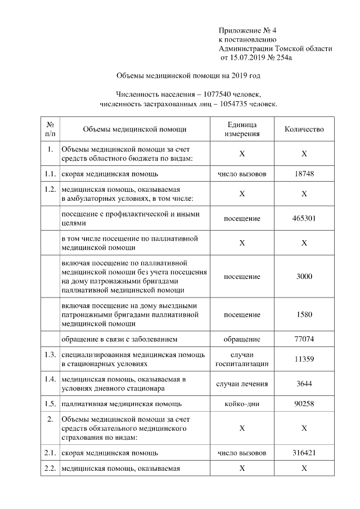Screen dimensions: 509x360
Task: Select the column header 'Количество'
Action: pyautogui.click(x=304, y=129)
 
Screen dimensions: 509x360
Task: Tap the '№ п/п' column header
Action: pyautogui.click(x=50, y=129)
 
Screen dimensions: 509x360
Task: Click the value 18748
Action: pyautogui.click(x=304, y=174)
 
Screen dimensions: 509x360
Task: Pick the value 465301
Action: pyautogui.click(x=304, y=219)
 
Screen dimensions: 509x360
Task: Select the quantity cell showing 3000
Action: pyautogui.click(x=304, y=277)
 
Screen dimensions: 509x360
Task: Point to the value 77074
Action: pyautogui.click(x=304, y=339)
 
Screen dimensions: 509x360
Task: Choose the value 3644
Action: pyautogui.click(x=304, y=384)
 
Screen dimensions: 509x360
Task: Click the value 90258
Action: pyautogui.click(x=304, y=404)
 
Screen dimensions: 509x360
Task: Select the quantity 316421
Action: pyautogui.click(x=304, y=452)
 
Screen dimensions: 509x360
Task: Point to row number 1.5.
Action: pyautogui.click(x=50, y=404)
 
